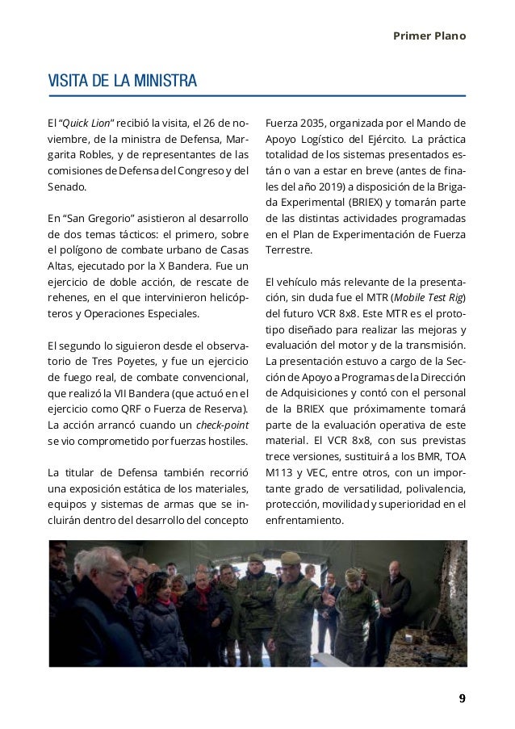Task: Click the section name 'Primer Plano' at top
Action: point(429,36)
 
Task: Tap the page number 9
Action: point(462,699)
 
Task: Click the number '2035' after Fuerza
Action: point(314,124)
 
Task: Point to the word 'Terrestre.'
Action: point(291,251)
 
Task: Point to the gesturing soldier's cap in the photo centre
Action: point(290,558)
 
